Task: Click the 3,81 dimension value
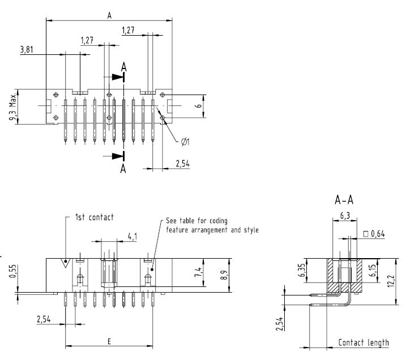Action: pos(27,49)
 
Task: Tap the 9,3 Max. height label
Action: pos(12,107)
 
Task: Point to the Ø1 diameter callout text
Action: pos(185,142)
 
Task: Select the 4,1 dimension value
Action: pos(133,237)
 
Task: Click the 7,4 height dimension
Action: pos(198,272)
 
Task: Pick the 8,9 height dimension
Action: pos(224,275)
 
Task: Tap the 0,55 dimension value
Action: pos(12,271)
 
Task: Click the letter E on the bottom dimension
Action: pos(109,341)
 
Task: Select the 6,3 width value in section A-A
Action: pos(345,216)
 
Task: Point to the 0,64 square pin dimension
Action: pos(374,234)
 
